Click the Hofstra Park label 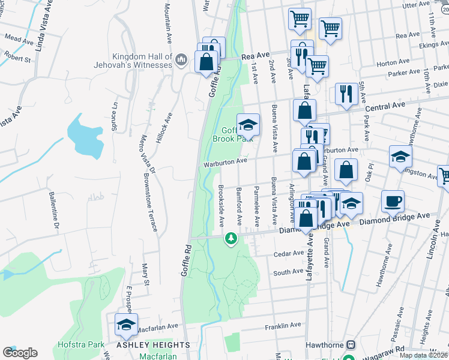click(82, 345)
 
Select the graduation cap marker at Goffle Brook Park click(248, 125)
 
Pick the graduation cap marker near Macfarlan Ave click(126, 325)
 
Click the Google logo click(20, 352)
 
